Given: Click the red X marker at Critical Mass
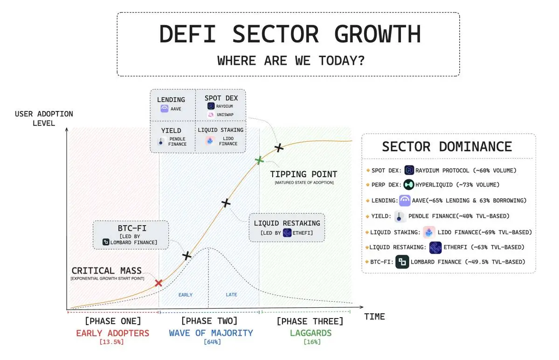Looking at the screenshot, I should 159,283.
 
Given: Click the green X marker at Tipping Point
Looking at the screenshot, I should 259,160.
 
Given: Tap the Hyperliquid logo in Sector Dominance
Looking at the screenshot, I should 409,185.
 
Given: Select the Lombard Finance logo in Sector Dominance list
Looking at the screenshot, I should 402,262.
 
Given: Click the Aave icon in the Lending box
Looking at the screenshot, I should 164,109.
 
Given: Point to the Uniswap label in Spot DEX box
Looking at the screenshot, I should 225,115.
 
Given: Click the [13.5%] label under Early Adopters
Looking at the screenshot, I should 112,342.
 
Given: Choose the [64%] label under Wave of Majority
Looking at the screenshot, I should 212,342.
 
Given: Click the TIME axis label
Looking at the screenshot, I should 374,317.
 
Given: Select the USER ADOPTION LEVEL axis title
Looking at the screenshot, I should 44,118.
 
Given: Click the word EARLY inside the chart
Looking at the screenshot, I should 185,295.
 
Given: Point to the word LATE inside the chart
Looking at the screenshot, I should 231,295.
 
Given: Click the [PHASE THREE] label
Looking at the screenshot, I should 310,321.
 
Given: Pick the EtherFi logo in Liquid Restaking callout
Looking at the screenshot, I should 287,233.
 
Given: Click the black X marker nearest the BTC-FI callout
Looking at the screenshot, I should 186,256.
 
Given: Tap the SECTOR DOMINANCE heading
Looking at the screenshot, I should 447,146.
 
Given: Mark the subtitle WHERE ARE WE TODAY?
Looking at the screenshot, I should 291,61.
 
